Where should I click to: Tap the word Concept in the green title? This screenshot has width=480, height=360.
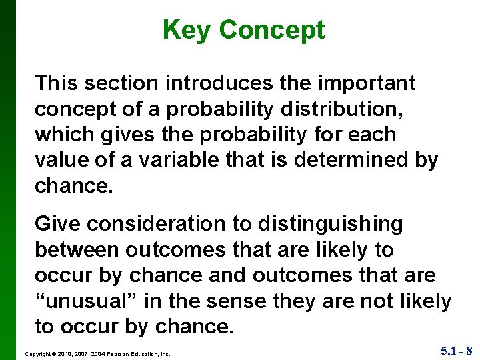point(271,30)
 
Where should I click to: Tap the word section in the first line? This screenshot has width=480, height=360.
point(127,83)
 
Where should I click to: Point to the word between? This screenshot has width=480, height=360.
point(77,250)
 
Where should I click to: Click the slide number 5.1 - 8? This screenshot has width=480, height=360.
point(457,351)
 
